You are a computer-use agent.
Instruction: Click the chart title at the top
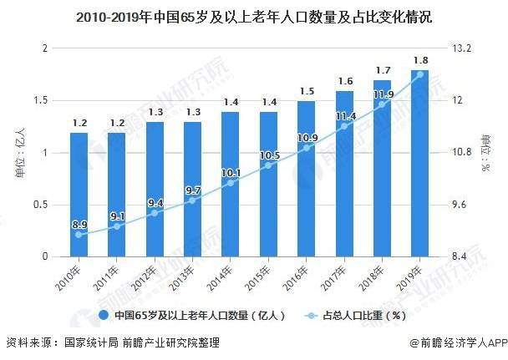(253, 16)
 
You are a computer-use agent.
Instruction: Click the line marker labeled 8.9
(79, 235)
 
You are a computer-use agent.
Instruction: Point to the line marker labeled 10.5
(268, 165)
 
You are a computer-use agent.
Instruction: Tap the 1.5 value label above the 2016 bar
(306, 91)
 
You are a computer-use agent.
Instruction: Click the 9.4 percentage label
(155, 201)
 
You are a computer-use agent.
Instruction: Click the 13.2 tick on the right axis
(462, 48)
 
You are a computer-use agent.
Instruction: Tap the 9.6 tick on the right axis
(460, 205)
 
